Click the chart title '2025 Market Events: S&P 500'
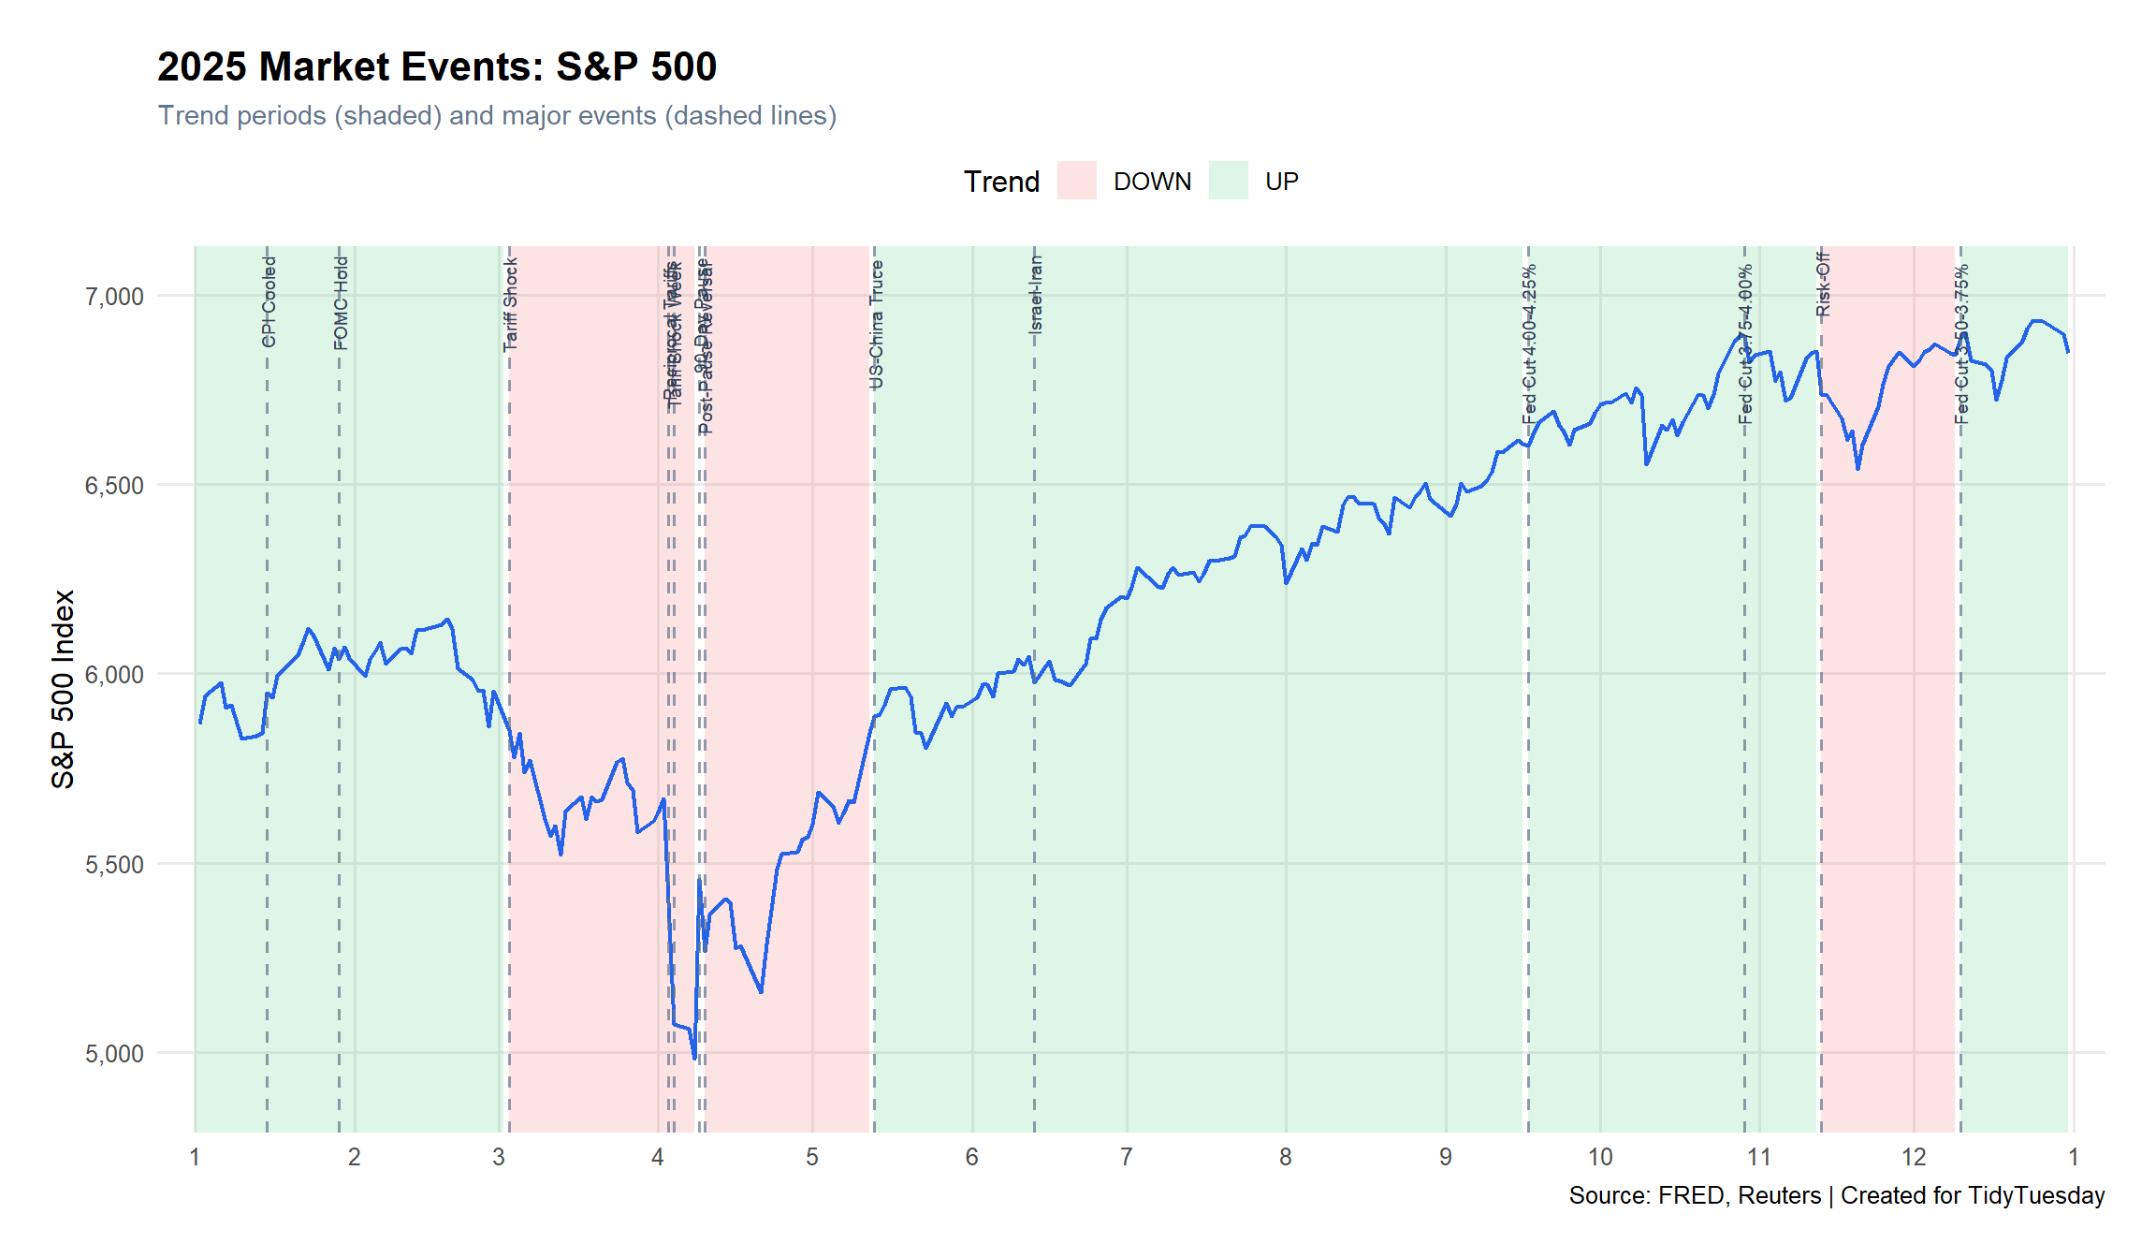coord(436,66)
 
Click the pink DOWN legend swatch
coord(1076,181)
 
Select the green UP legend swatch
coord(1228,181)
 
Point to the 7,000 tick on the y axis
coord(114,297)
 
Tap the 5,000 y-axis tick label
coord(114,1054)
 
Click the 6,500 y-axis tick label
coord(114,486)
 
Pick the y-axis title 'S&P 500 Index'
coord(63,689)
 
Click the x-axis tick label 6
coord(971,1158)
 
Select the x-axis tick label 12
coord(1914,1158)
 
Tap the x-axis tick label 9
coord(1445,1158)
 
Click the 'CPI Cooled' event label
coord(269,301)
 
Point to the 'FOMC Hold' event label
coord(342,302)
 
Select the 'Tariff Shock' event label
coord(511,304)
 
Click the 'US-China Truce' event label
coord(877,324)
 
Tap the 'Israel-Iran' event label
coord(1036,295)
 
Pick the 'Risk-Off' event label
coord(1823,285)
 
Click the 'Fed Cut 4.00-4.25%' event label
coord(1530,344)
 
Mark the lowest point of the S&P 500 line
coord(694,1059)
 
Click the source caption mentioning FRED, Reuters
coord(1836,1195)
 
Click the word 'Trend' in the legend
coord(1001,182)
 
